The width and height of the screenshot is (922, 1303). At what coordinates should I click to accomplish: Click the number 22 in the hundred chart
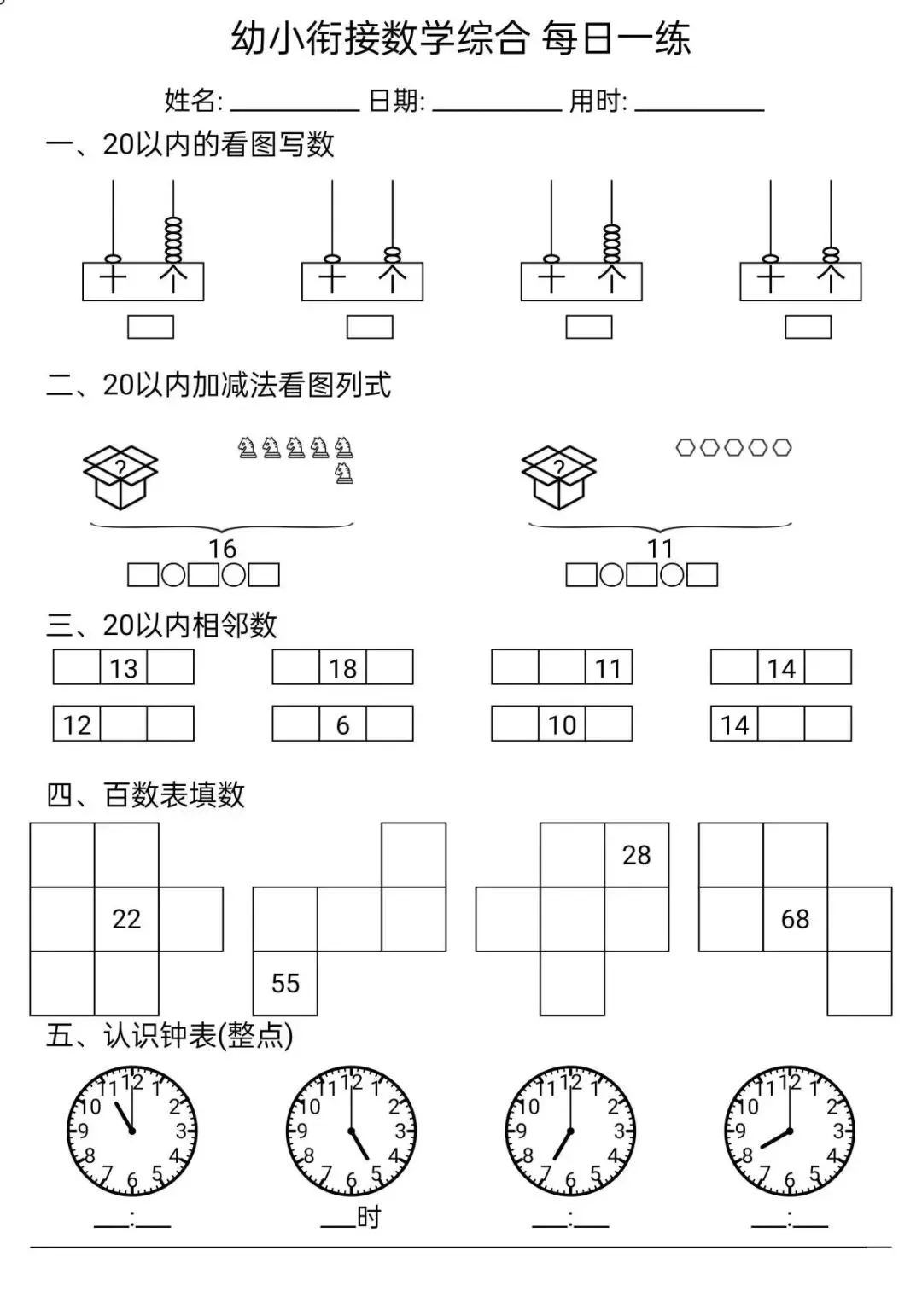click(126, 919)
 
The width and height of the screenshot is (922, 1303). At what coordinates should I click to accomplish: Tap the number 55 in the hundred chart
click(285, 983)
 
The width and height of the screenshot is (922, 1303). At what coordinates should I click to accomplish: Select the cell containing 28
click(636, 855)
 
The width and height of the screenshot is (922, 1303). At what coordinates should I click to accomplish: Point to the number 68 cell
click(795, 919)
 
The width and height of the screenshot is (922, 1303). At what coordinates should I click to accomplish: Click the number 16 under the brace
click(222, 549)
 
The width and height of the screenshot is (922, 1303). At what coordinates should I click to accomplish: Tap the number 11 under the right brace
click(660, 549)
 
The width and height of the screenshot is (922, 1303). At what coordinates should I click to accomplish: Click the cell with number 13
click(124, 667)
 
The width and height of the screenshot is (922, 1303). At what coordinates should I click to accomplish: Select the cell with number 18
click(343, 667)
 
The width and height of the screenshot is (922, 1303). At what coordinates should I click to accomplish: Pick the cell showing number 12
click(77, 724)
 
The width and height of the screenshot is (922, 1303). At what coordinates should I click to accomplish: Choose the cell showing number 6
click(343, 724)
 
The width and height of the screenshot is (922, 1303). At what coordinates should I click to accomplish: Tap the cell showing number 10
click(562, 724)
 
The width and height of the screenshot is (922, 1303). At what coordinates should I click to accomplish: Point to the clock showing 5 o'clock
click(351, 1131)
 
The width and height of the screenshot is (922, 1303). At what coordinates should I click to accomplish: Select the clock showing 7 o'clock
click(570, 1131)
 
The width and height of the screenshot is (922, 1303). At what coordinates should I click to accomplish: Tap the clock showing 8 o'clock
click(790, 1131)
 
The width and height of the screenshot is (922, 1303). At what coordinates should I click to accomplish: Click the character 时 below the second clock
click(369, 1217)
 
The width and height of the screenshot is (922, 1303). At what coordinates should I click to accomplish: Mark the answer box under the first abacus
click(150, 327)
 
